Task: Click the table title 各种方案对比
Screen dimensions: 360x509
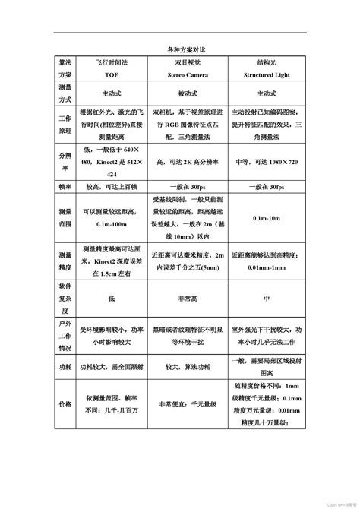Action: [180, 49]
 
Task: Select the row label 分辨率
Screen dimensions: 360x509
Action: [64, 161]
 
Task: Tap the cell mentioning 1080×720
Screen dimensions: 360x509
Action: [267, 161]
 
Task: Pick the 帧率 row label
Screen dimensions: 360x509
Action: [64, 186]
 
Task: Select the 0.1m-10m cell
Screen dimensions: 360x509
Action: [267, 219]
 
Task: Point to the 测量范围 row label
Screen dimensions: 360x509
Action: [64, 219]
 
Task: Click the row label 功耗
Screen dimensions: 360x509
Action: [64, 368]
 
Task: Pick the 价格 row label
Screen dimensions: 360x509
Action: [64, 404]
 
